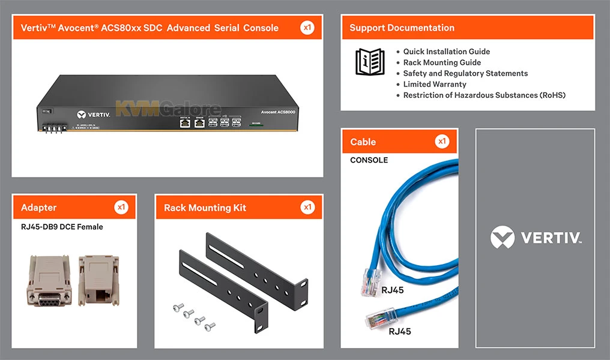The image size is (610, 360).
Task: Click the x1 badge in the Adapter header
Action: [121, 208]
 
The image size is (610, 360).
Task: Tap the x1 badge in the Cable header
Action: [442, 142]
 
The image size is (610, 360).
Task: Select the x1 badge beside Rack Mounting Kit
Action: [307, 208]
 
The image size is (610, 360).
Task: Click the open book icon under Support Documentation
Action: [370, 62]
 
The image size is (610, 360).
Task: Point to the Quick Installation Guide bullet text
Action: [446, 52]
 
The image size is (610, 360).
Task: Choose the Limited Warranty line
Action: [435, 84]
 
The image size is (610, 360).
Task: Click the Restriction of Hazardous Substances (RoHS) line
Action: [484, 95]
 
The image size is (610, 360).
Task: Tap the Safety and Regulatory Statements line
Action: [465, 73]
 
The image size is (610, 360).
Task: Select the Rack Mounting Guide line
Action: [442, 62]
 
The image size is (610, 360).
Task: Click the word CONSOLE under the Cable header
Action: [369, 160]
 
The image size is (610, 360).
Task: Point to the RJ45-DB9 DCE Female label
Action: [62, 227]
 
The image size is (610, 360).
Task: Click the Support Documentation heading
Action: [402, 28]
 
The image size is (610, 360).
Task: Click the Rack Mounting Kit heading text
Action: [205, 208]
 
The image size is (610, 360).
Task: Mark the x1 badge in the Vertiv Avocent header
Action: [307, 28]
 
